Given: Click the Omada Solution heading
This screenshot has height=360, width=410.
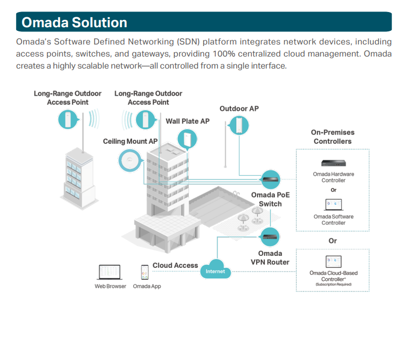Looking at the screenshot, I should (x=74, y=22).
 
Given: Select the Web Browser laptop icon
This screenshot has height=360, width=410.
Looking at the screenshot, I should (x=110, y=272).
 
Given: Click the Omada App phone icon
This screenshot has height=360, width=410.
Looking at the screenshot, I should (x=145, y=272).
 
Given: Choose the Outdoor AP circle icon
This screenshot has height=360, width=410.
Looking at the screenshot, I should (x=238, y=126).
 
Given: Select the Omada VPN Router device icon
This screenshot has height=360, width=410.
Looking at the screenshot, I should (x=270, y=237).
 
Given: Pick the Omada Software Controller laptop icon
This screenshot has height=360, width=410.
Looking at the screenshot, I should (x=334, y=205).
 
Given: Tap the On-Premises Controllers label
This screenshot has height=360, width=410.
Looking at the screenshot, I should (x=333, y=137).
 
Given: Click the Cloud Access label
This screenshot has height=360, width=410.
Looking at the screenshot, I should (x=175, y=265).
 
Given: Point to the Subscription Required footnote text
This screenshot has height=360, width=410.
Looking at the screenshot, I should (x=334, y=285).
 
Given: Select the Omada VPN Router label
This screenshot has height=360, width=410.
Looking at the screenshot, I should (x=270, y=258).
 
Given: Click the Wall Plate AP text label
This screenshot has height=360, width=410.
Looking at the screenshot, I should (x=187, y=121).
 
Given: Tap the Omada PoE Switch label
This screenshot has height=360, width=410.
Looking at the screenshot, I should (x=270, y=199).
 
